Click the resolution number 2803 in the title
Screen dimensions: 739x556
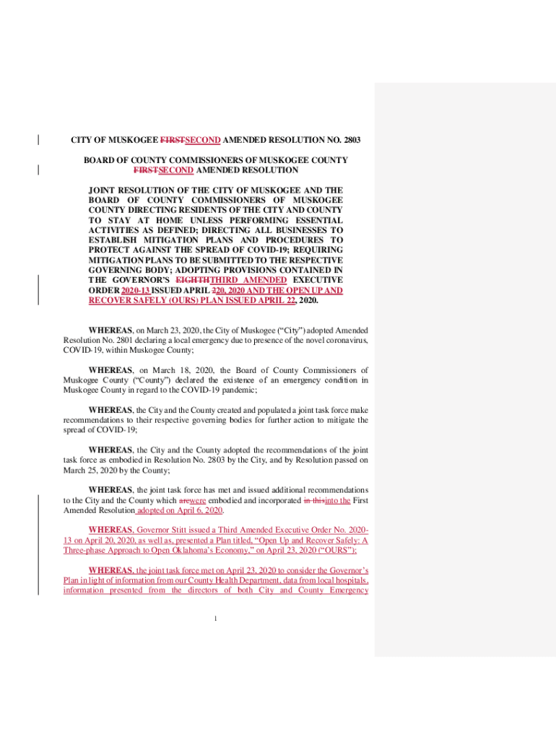pos(350,140)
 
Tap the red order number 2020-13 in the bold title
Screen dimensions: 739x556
pos(135,290)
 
